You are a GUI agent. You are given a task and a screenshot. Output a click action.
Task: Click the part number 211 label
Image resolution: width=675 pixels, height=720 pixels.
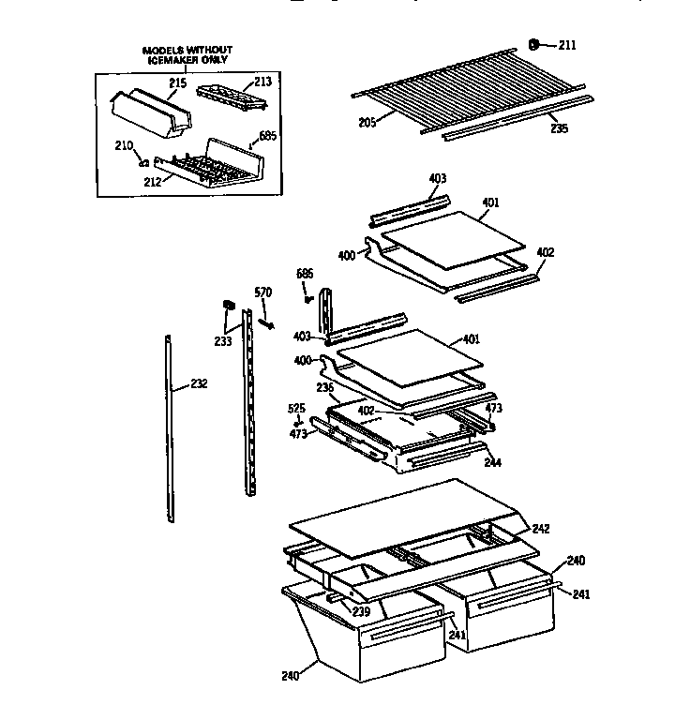pyautogui.click(x=569, y=45)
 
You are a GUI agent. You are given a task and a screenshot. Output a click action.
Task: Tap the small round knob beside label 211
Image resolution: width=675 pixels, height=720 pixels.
pyautogui.click(x=535, y=42)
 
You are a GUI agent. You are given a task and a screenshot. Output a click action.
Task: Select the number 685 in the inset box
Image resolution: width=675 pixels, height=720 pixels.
pyautogui.click(x=267, y=136)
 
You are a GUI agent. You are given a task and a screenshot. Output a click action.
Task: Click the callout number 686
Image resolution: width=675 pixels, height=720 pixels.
pyautogui.click(x=305, y=274)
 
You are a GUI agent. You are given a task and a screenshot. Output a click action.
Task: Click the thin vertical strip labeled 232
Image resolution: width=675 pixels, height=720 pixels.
pyautogui.click(x=169, y=422)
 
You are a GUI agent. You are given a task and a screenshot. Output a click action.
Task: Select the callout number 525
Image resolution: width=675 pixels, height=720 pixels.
pyautogui.click(x=296, y=409)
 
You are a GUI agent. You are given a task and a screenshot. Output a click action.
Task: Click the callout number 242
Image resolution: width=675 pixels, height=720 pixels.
pyautogui.click(x=541, y=529)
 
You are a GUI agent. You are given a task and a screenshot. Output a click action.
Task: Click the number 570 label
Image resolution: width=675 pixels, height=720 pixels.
pyautogui.click(x=264, y=292)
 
